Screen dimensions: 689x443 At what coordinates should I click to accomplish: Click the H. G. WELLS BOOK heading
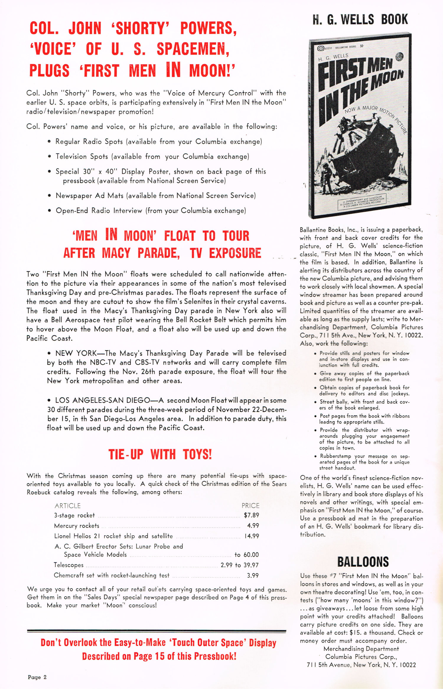[x=360, y=19]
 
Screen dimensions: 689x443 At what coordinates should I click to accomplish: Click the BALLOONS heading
[x=363, y=562]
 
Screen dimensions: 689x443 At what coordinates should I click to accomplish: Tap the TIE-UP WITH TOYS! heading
[x=160, y=455]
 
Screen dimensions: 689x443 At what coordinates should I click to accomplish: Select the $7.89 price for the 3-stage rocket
[x=251, y=515]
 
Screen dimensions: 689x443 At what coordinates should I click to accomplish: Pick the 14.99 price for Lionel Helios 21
[x=252, y=536]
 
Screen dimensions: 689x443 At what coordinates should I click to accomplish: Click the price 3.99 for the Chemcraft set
[x=253, y=575]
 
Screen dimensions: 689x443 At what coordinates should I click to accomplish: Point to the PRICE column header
[x=250, y=506]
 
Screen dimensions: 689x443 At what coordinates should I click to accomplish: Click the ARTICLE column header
[x=68, y=506]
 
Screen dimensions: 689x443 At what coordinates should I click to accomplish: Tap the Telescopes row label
[x=69, y=565]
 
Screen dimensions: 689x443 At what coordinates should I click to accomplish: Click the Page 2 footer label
[x=37, y=677]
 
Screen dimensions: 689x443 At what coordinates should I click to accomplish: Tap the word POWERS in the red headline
[x=208, y=28]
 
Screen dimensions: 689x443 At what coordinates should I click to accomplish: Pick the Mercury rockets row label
[x=76, y=526]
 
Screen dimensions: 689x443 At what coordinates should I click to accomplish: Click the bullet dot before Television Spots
[x=49, y=156]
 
